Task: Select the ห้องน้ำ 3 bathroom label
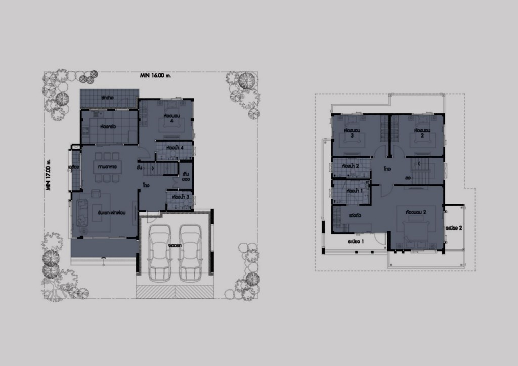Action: pyautogui.click(x=180, y=196)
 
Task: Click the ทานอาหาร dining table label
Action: pyautogui.click(x=108, y=166)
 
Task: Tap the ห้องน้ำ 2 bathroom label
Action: pyautogui.click(x=350, y=165)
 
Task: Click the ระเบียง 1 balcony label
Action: pyautogui.click(x=356, y=242)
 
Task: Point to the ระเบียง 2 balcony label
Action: pyautogui.click(x=454, y=228)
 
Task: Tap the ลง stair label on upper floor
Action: pyautogui.click(x=407, y=177)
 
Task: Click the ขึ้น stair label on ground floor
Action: pyautogui.click(x=139, y=166)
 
